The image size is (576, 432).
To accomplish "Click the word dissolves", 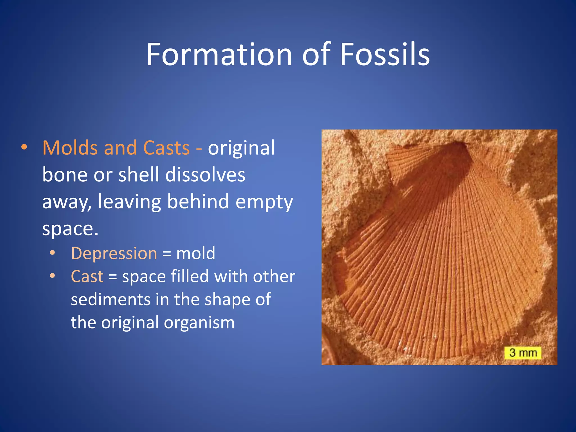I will [x=205, y=175].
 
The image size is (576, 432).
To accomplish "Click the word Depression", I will [x=114, y=253].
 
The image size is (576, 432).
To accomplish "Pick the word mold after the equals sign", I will [x=196, y=253].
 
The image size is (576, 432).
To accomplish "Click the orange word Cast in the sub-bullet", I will [x=87, y=276].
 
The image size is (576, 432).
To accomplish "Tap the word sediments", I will [x=111, y=299].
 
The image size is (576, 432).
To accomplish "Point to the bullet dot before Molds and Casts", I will [x=24, y=147].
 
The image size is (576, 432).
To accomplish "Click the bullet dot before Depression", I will [x=52, y=253].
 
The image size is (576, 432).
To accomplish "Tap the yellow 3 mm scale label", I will [x=523, y=353].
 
